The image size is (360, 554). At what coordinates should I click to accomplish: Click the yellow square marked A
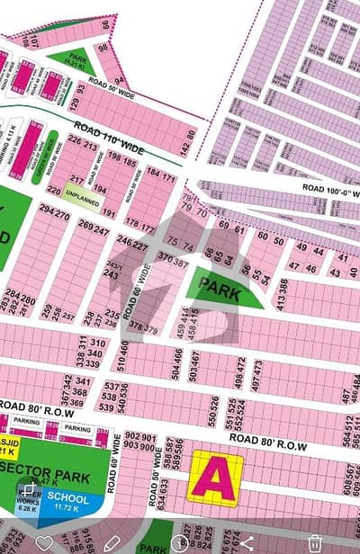[215, 477]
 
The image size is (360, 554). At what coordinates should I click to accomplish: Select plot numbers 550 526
[213, 416]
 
